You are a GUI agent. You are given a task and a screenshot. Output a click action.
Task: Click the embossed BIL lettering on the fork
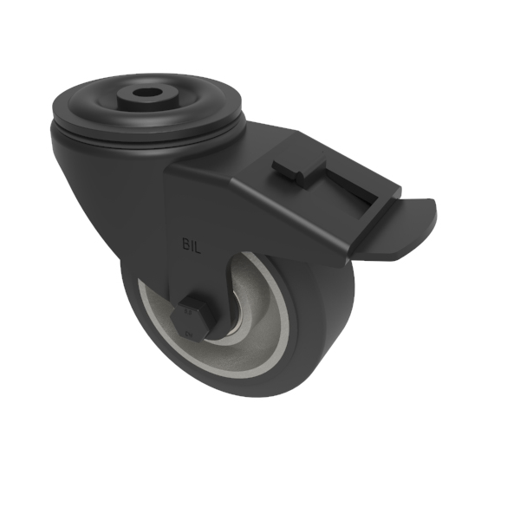point(192,245)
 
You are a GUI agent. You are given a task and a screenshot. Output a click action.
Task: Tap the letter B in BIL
point(185,245)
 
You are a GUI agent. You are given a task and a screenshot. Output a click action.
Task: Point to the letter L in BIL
point(199,245)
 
